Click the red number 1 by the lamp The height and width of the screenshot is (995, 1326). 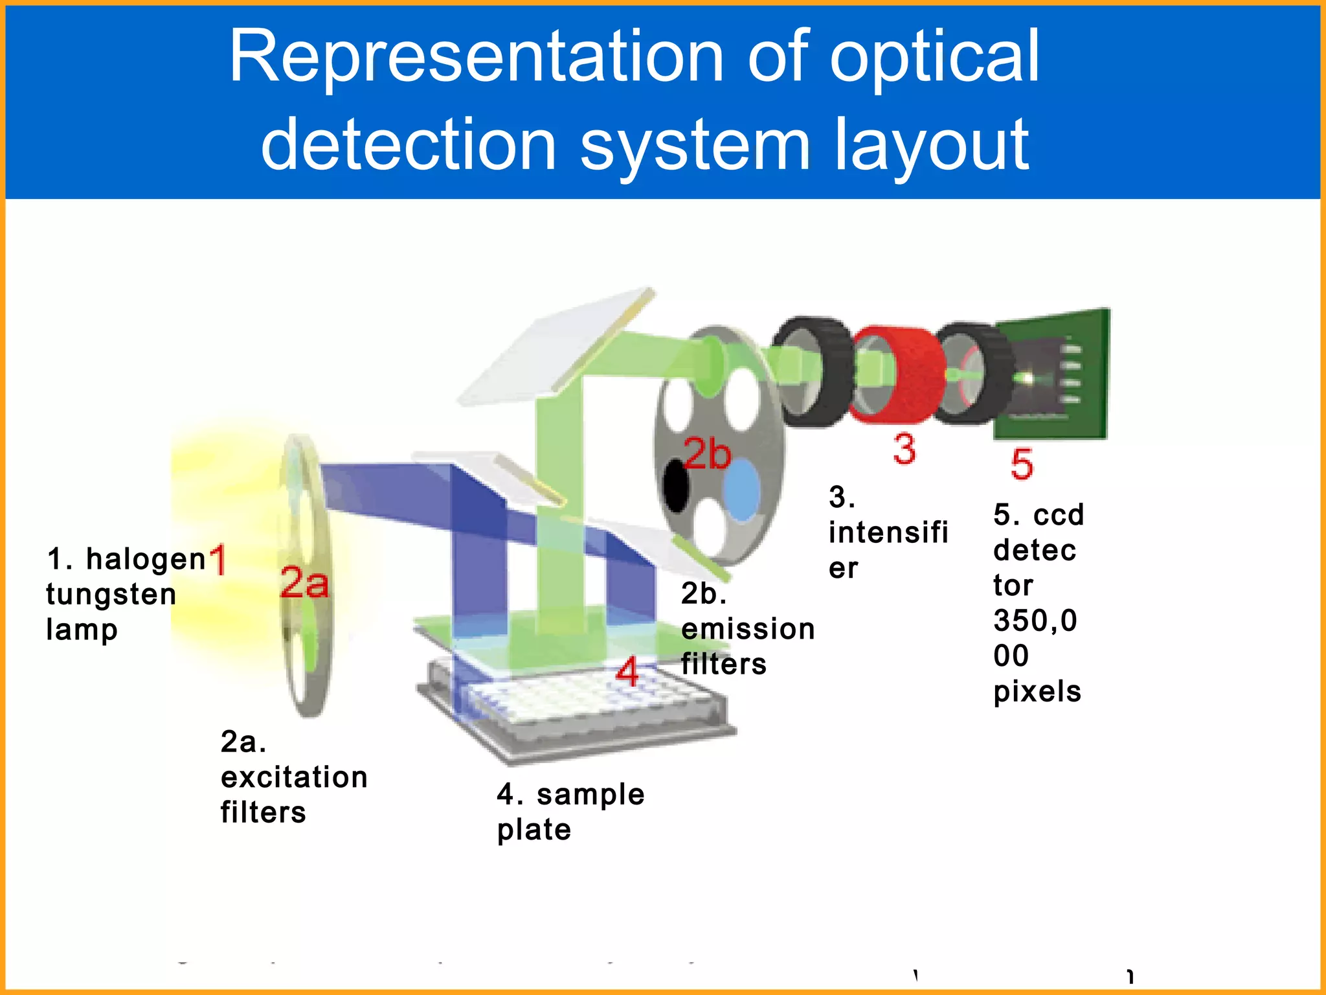pos(218,560)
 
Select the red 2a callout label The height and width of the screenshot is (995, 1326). pos(304,582)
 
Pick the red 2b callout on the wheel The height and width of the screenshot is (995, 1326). pos(707,453)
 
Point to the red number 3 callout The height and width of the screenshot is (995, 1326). pos(905,449)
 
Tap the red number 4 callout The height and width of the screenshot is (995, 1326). pos(627,672)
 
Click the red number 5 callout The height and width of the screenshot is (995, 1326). pos(1022,464)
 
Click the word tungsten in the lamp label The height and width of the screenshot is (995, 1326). pos(111,595)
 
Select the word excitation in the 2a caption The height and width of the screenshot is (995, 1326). pos(294,777)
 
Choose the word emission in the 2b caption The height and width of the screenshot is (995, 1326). pos(748,629)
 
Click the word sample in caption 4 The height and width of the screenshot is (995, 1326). pos(590,795)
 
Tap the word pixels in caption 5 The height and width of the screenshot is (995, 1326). pos(1037,692)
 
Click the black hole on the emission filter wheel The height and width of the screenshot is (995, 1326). pos(677,486)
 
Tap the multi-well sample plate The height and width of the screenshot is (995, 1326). pos(576,713)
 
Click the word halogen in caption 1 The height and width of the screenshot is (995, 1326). pos(146,559)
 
